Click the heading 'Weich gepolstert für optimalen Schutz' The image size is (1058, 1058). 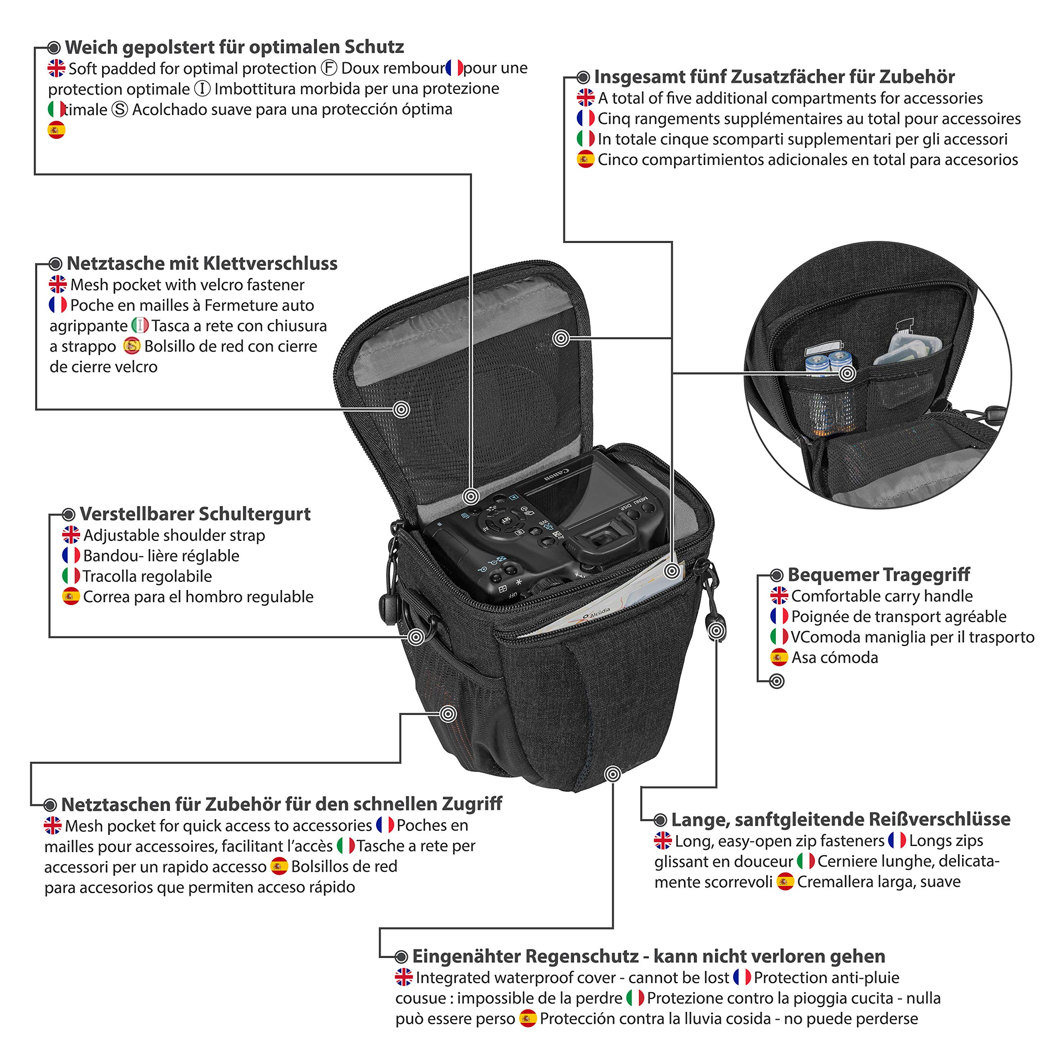234,47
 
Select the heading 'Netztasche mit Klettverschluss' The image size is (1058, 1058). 202,263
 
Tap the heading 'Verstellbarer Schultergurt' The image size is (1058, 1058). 195,514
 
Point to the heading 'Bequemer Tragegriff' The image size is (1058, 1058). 878,574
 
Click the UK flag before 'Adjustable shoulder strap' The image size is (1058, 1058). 71,535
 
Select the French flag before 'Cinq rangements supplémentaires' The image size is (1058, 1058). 585,118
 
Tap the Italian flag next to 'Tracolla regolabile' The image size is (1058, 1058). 71,576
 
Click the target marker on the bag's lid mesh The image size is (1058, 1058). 401,409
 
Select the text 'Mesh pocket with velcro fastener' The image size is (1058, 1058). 187,285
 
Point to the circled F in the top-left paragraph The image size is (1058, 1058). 329,68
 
